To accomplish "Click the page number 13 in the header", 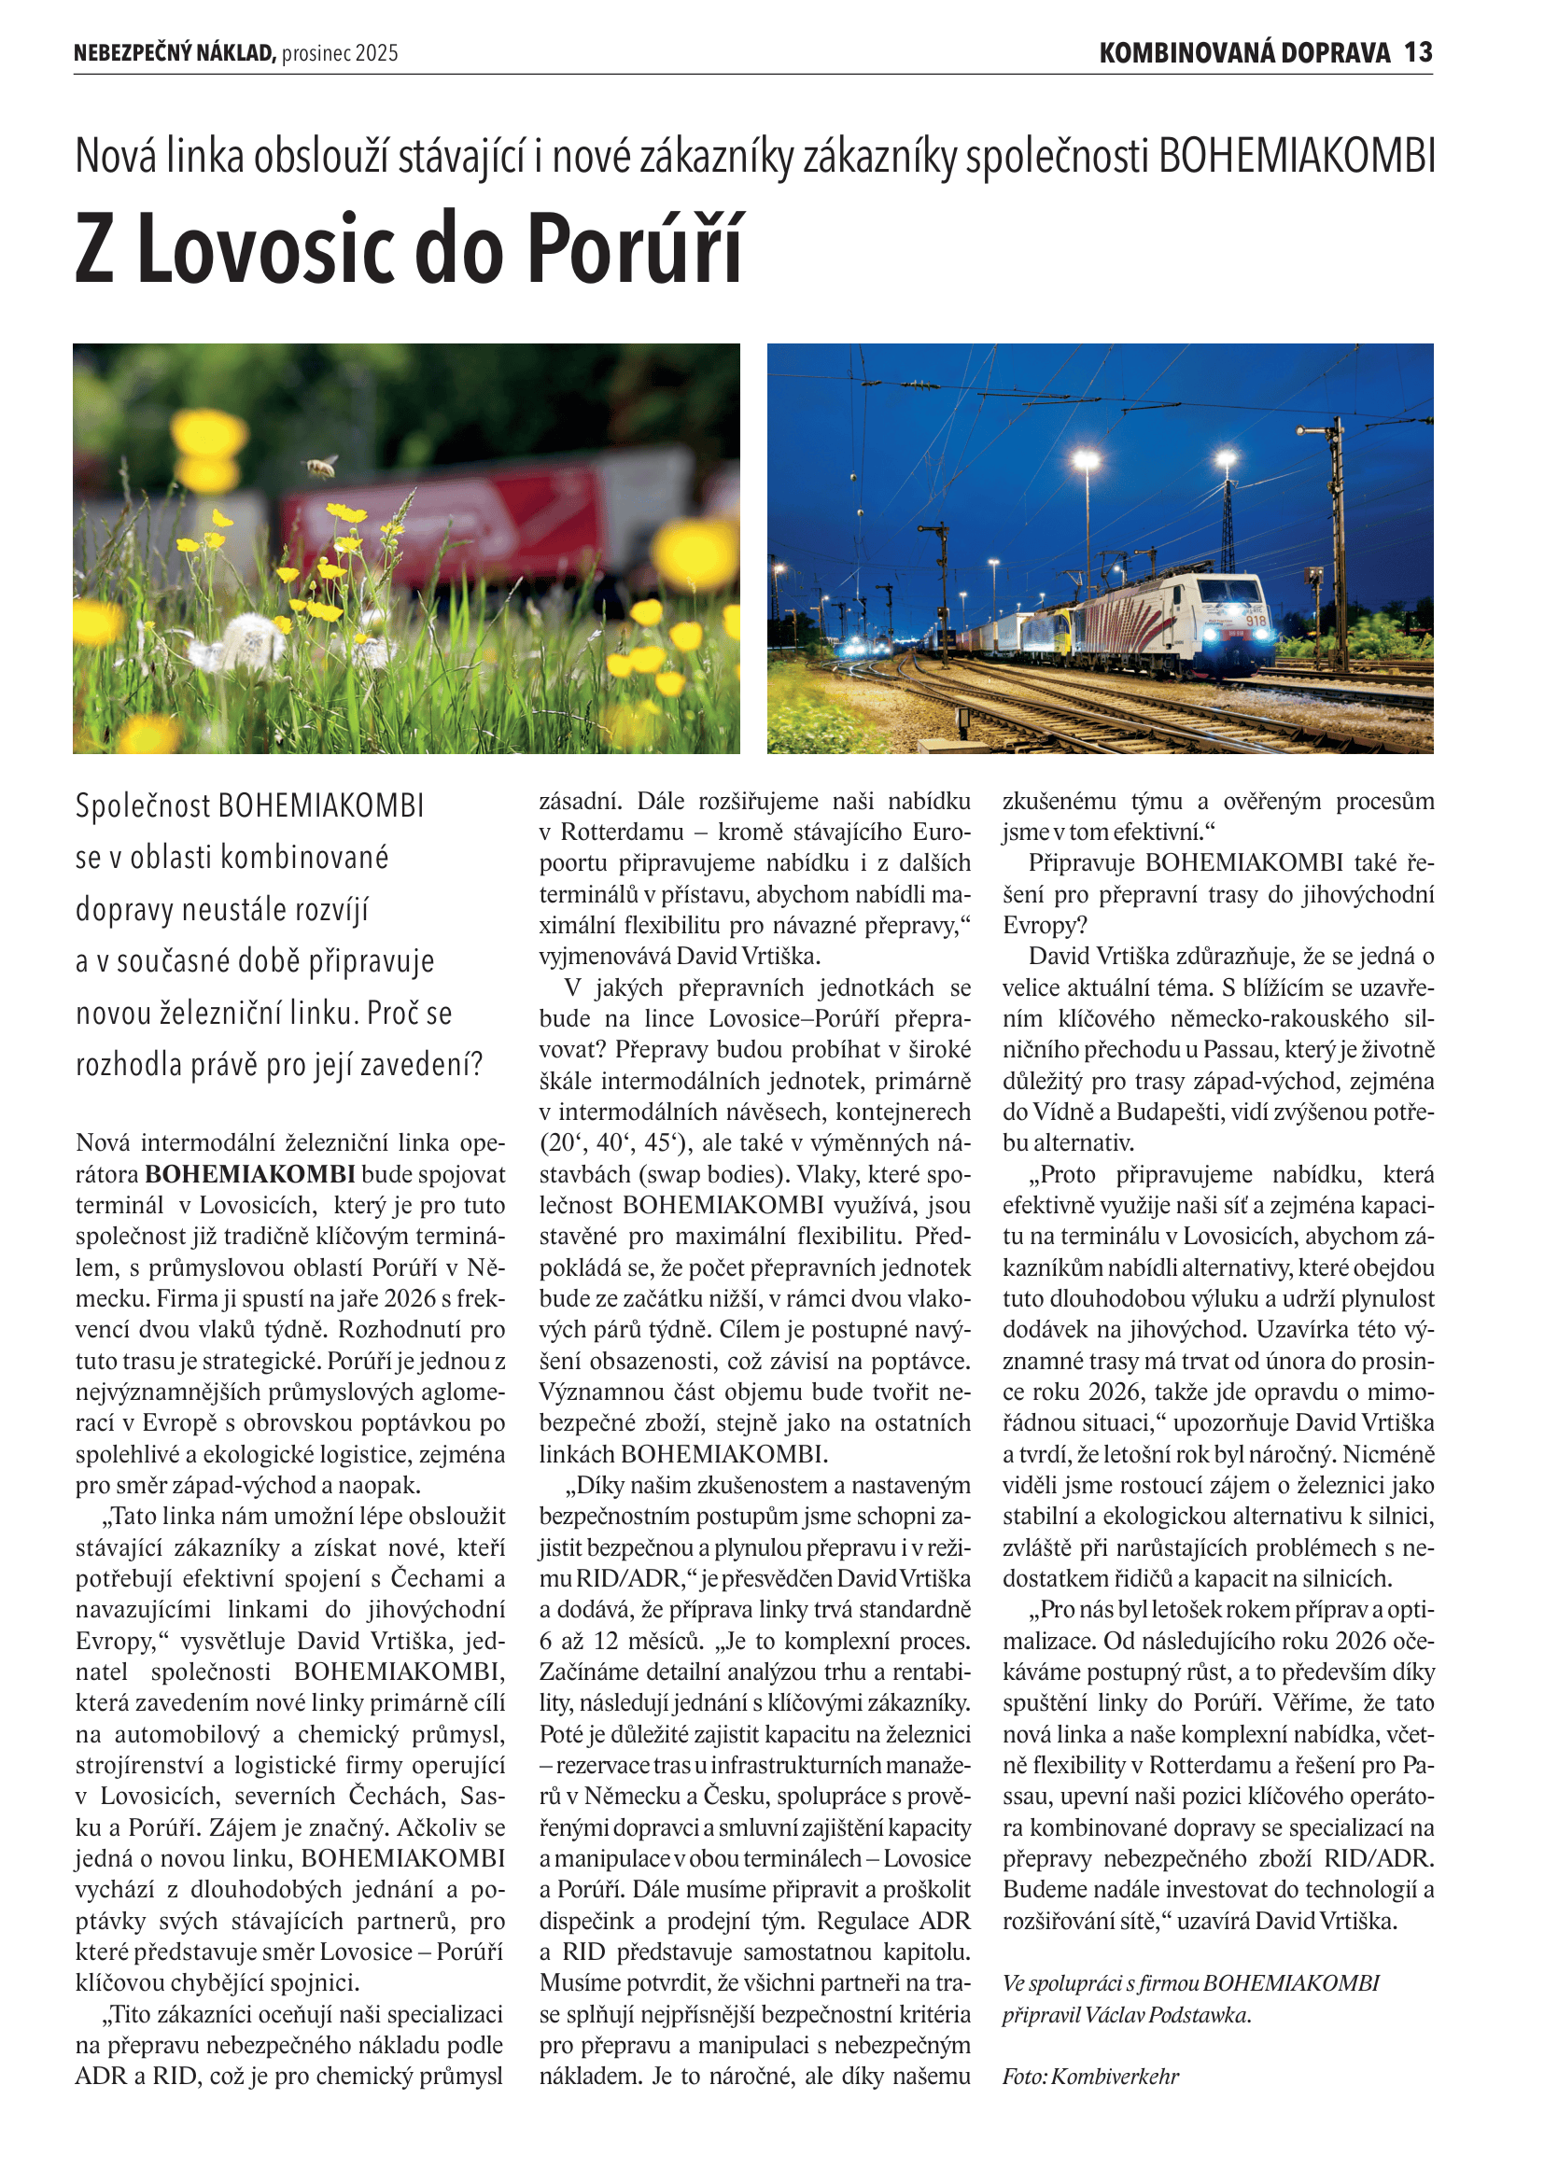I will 1418,52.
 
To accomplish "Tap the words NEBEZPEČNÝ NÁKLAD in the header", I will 174,53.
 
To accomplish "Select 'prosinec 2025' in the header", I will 340,53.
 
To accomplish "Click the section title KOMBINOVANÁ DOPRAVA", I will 1244,52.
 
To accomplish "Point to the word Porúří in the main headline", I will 634,249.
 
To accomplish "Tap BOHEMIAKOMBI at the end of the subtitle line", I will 1297,157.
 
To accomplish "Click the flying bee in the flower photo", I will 320,465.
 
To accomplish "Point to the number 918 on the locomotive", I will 1256,621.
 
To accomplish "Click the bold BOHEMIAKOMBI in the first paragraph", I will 250,1174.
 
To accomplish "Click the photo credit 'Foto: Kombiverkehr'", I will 1089,2077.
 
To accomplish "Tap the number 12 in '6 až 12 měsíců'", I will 606,1641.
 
